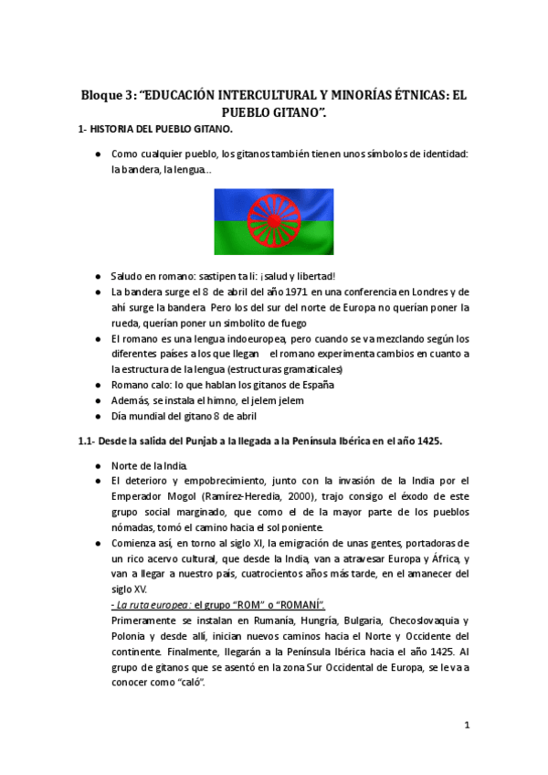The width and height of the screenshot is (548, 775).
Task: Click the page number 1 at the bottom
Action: [467, 726]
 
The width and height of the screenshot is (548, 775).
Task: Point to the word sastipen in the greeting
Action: [208, 276]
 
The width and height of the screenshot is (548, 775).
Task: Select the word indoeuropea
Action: [253, 338]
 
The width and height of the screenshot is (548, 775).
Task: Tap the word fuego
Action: [297, 323]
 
